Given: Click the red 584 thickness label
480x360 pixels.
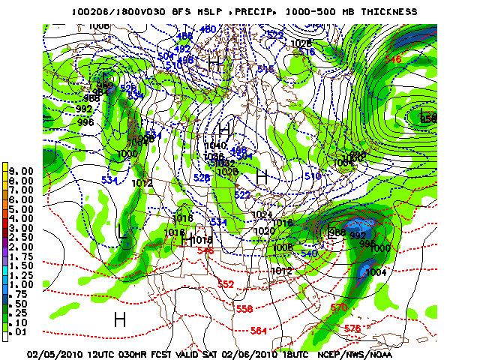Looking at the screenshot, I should tap(259, 330).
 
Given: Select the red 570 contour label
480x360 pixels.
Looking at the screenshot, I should tap(338, 307).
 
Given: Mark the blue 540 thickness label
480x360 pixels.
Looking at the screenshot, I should tap(308, 253).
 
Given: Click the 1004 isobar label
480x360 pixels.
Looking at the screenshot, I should tap(377, 272).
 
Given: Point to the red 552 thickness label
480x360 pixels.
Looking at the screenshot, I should tap(226, 284).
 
